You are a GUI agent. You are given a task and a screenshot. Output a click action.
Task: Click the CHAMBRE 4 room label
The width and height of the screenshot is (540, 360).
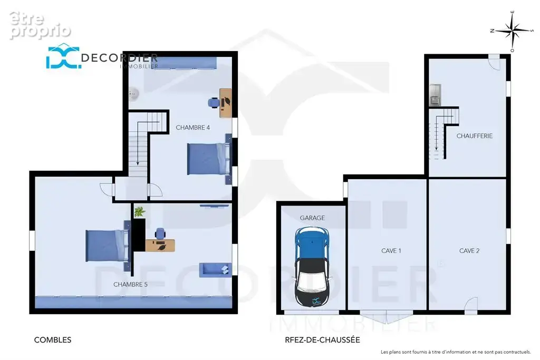pos(193,128)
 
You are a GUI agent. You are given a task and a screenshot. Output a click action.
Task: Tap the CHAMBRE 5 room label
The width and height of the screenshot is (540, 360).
pos(131,285)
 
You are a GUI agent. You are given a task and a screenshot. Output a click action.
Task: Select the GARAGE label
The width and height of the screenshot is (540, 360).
pos(312,218)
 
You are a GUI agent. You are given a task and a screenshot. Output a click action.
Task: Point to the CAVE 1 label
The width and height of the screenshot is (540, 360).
pos(391,251)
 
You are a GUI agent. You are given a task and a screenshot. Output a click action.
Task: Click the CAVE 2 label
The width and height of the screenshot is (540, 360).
pos(469,251)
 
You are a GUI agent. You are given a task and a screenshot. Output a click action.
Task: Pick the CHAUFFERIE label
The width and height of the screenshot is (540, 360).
pos(475,136)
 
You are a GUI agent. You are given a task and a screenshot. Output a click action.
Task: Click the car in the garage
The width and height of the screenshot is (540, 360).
pos(312,267)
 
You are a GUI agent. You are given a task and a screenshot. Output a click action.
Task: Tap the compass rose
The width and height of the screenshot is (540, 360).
pos(513,31)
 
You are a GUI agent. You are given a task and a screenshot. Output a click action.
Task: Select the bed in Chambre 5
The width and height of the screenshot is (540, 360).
pos(108,246)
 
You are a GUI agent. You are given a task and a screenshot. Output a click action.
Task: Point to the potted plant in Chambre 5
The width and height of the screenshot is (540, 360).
pos(139,212)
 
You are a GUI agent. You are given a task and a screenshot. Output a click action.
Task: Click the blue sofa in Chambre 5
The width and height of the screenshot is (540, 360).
pos(215,270)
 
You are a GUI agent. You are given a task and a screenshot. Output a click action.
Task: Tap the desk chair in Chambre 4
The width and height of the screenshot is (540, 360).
pos(214,103)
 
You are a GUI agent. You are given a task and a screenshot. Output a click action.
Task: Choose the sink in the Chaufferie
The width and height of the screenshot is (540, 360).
pos(435,95)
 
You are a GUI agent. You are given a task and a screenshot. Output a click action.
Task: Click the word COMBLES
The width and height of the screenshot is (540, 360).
pos(53,340)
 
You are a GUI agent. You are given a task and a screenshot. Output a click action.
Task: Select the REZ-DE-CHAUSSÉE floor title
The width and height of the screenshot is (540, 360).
pos(323,340)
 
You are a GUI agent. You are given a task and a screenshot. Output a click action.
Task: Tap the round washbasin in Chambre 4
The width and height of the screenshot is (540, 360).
pos(133,93)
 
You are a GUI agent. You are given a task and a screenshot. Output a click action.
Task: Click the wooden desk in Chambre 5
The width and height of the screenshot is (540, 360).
pos(160,246)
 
